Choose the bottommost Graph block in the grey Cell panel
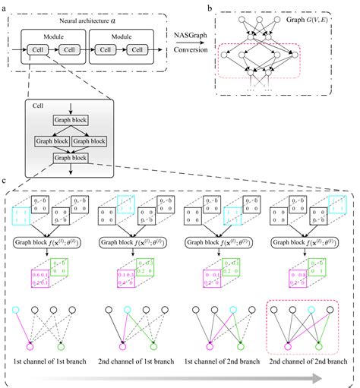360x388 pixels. [x=69, y=157]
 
